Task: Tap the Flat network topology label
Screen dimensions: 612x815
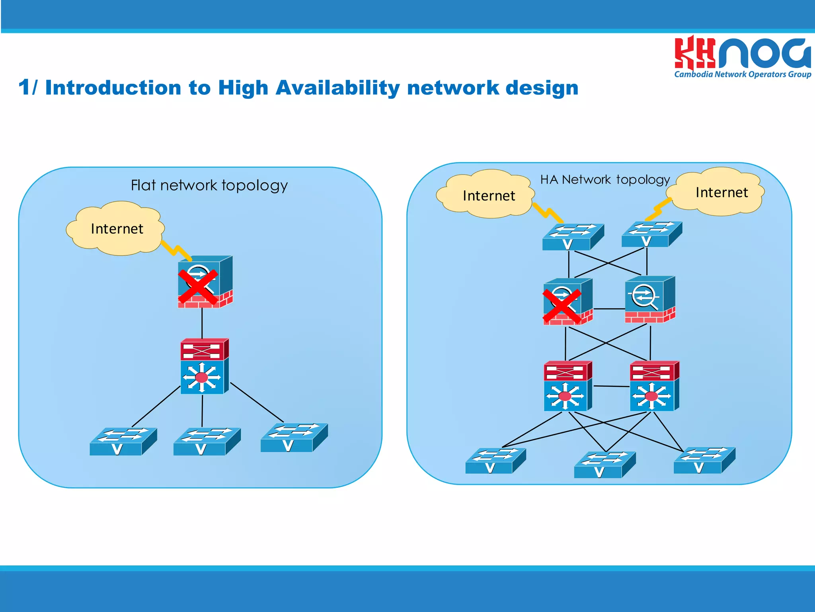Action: click(209, 186)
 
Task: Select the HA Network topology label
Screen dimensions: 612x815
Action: click(605, 180)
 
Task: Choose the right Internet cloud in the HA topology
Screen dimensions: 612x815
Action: click(718, 192)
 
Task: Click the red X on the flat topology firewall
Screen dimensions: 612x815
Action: click(198, 287)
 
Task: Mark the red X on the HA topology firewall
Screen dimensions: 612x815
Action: click(562, 306)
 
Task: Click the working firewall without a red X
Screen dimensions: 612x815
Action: click(649, 300)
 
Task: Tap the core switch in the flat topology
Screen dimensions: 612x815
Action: click(204, 367)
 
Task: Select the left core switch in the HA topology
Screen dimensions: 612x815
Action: click(567, 386)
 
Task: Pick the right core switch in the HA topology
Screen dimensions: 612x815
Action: click(654, 386)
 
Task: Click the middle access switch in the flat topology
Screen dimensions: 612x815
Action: click(207, 441)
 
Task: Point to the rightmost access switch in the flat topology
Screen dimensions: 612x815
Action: click(294, 437)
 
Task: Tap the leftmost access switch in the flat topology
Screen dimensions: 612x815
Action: click(123, 441)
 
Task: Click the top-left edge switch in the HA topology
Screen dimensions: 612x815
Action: click(573, 237)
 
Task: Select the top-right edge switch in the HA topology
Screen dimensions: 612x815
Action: click(651, 234)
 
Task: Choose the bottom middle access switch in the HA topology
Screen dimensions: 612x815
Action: click(604, 465)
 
